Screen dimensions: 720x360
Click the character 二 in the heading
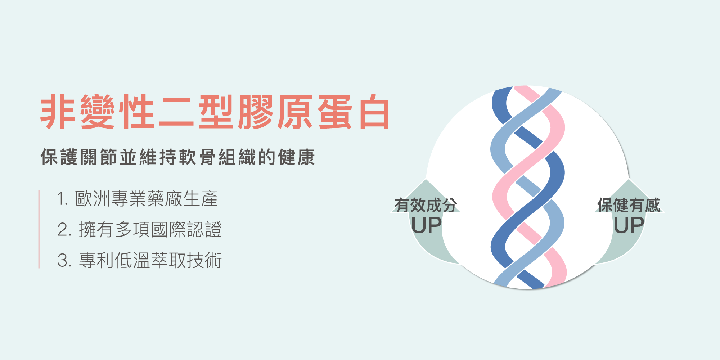(x=176, y=112)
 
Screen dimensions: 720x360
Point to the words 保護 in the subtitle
(x=59, y=157)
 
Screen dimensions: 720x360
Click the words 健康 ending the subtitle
(x=296, y=157)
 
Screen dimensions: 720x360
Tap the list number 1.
(x=62, y=199)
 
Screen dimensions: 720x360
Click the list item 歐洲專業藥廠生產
(x=147, y=199)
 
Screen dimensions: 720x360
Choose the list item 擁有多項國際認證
(x=150, y=230)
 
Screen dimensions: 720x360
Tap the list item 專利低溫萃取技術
(x=150, y=260)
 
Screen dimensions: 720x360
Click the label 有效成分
(x=426, y=205)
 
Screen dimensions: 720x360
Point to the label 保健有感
(x=629, y=205)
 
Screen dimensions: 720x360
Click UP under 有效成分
(x=426, y=226)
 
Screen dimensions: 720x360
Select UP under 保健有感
(x=629, y=226)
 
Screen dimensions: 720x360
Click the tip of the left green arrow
(x=426, y=180)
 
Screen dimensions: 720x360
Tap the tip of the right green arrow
(x=629, y=180)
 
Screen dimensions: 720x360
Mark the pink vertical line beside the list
(x=39, y=229)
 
